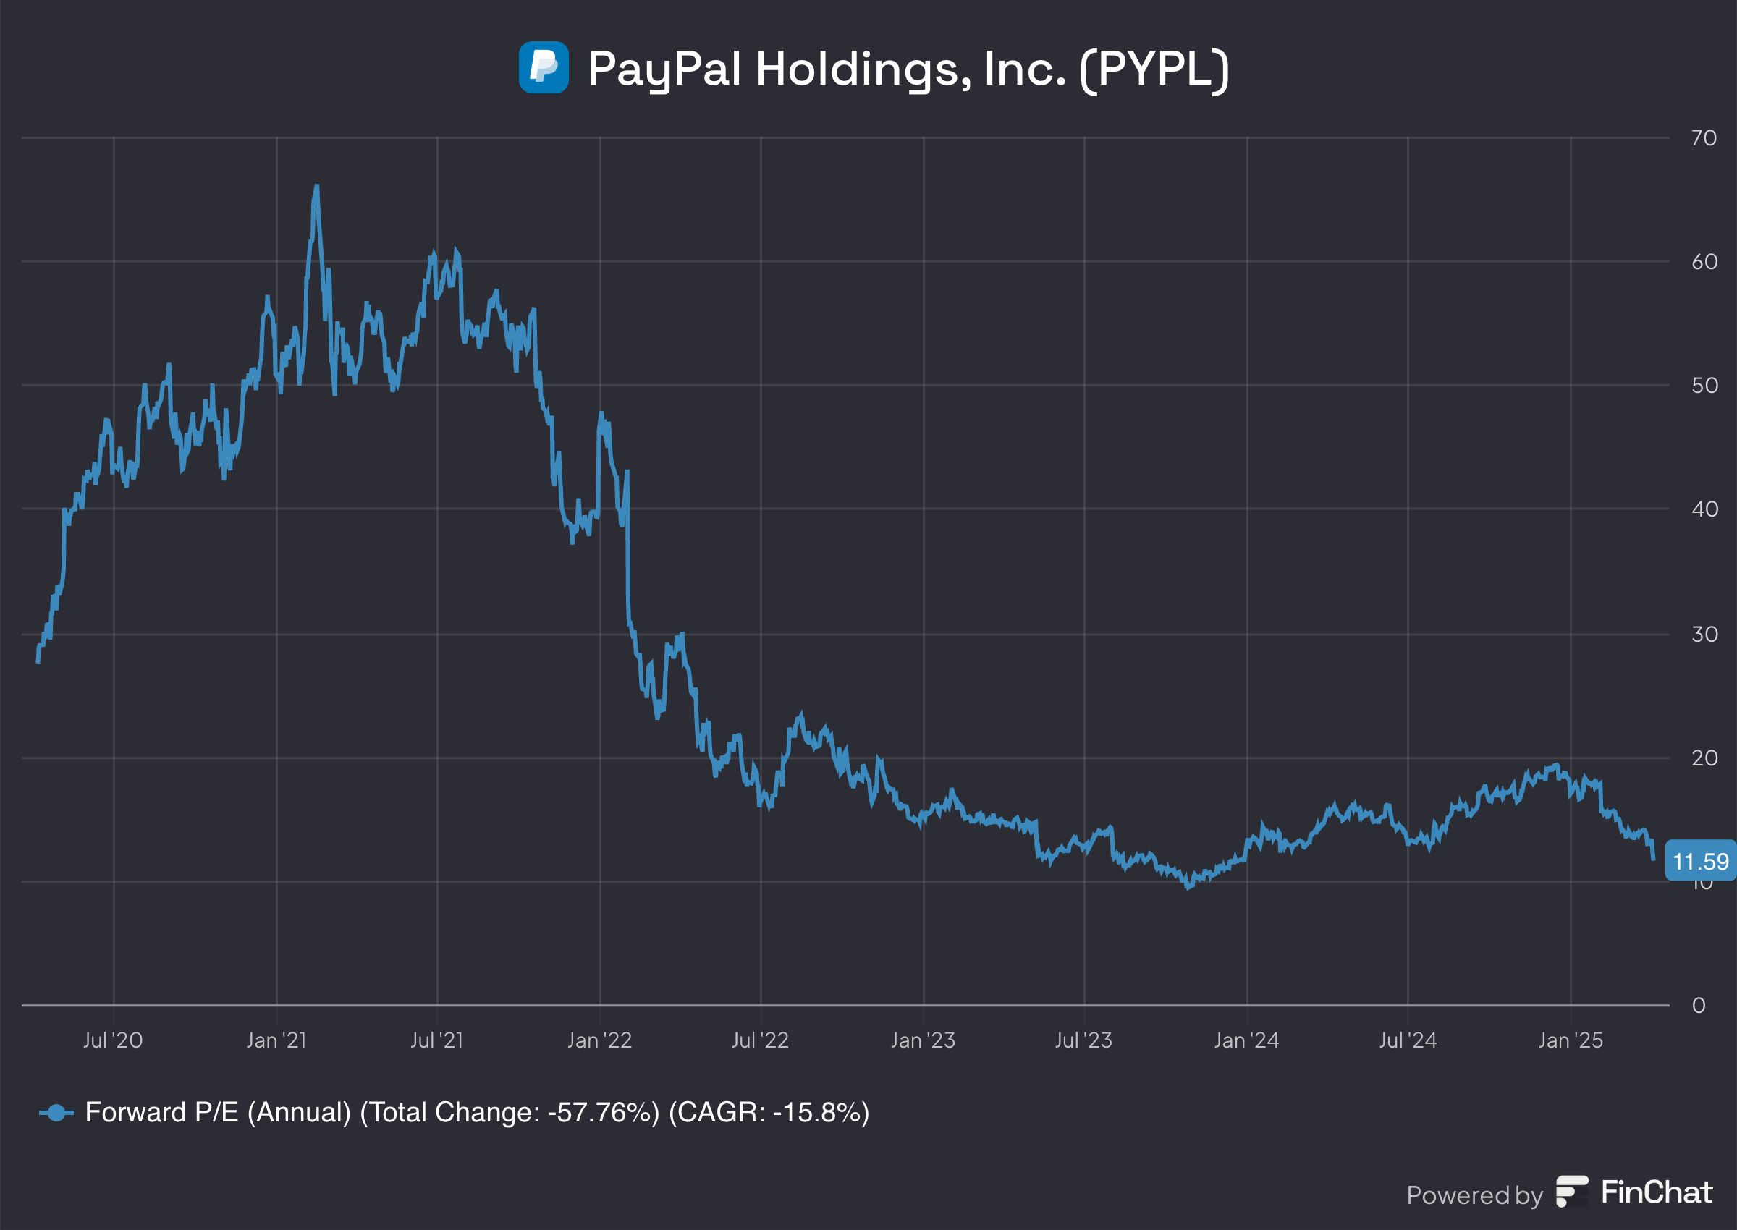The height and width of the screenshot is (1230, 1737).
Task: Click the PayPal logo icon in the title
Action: pyautogui.click(x=543, y=67)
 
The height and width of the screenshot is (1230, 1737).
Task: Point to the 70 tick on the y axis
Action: pyautogui.click(x=1704, y=138)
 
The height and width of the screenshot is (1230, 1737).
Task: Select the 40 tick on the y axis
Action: pyautogui.click(x=1704, y=509)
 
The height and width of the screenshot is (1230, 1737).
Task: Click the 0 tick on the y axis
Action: pyautogui.click(x=1699, y=1005)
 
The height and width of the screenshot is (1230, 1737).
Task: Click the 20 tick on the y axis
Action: pyautogui.click(x=1704, y=758)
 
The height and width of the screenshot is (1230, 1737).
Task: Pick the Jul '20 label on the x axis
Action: pyautogui.click(x=113, y=1040)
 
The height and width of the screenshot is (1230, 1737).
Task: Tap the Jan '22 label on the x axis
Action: pyautogui.click(x=599, y=1040)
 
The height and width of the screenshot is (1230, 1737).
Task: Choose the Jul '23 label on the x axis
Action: pyautogui.click(x=1083, y=1040)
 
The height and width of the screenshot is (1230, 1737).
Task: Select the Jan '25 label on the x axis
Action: pyautogui.click(x=1571, y=1040)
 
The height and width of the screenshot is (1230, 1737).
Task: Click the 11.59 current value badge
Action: pyautogui.click(x=1700, y=861)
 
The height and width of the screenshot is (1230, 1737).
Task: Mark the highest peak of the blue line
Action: pyautogui.click(x=316, y=185)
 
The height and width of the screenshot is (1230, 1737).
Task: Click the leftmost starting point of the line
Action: pyautogui.click(x=38, y=662)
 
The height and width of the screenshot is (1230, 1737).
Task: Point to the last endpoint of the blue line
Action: pyautogui.click(x=1653, y=859)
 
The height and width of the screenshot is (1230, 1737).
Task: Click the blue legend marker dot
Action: pyautogui.click(x=56, y=1113)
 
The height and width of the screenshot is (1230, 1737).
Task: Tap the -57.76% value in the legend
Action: pyautogui.click(x=604, y=1113)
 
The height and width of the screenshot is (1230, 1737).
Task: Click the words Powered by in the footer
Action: pyautogui.click(x=1474, y=1195)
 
